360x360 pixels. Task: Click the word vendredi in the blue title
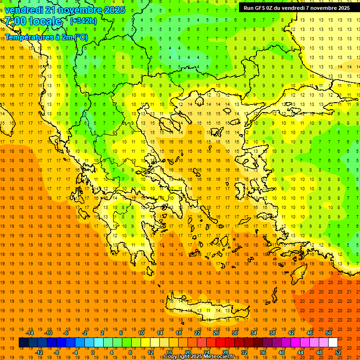click(24, 10)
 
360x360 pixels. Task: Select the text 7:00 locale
click(33, 21)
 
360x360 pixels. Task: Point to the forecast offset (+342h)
click(83, 21)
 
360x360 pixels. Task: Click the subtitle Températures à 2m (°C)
click(46, 37)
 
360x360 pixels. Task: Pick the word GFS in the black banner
click(264, 8)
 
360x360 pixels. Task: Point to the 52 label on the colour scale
click(338, 352)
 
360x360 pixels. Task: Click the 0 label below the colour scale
click(93, 352)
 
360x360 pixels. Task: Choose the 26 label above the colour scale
click(216, 333)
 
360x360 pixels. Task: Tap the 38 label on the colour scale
click(272, 333)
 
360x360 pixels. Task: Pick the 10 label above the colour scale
click(141, 333)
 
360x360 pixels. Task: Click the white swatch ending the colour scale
click(333, 343)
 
